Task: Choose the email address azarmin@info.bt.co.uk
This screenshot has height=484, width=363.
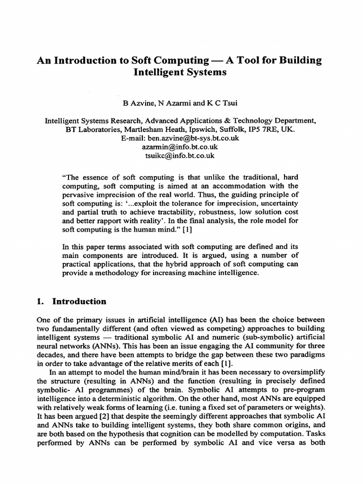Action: click(181, 147)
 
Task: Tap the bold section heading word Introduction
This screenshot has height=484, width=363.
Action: click(79, 302)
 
